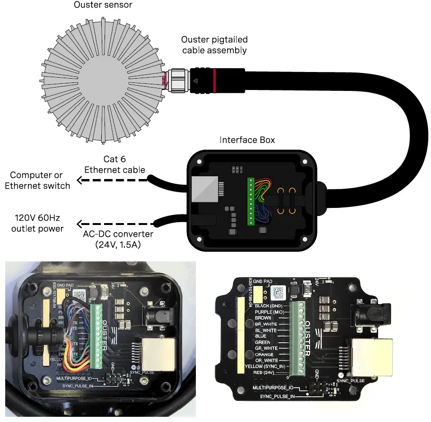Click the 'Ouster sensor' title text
coord(103,5)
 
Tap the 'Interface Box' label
coord(247,140)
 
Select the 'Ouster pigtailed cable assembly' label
coord(214,45)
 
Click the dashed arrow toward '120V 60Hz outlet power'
coord(116,223)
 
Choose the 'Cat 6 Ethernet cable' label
coord(114,164)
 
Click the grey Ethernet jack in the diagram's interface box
coord(204,190)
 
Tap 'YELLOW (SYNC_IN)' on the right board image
coord(265,367)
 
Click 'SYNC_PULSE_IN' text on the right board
coord(277,395)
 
